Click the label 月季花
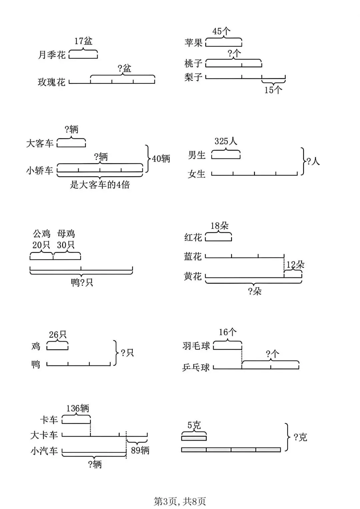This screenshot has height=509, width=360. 52,55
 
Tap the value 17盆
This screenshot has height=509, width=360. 83,41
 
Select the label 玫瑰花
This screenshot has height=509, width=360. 52,82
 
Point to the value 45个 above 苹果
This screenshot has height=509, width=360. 221,31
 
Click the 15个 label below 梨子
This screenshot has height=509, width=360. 273,90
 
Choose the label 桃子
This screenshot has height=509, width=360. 193,63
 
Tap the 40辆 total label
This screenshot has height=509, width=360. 161,159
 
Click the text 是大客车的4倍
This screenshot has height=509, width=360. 100,185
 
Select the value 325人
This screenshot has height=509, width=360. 226,141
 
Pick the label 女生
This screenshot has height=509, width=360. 196,174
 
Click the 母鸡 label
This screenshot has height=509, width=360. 66,233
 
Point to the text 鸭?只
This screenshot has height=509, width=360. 82,283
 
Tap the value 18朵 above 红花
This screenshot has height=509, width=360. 219,226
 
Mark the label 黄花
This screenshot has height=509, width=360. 193,276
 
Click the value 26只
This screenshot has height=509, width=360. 58,334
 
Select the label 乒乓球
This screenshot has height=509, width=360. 196,367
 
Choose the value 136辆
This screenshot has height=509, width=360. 77,408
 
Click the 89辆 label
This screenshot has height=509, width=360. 140,450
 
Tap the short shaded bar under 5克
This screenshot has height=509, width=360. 194,438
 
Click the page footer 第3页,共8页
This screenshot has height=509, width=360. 180,501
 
